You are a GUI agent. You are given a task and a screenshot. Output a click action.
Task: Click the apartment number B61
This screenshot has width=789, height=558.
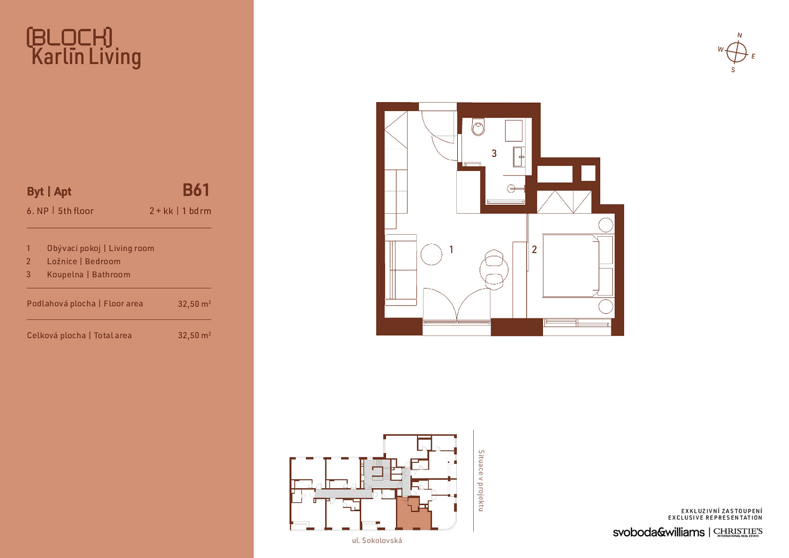pos(196,190)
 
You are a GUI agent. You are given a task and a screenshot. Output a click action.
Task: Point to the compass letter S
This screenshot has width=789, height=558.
pos(733,70)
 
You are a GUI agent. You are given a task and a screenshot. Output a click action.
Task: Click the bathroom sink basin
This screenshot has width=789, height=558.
pos(519,157)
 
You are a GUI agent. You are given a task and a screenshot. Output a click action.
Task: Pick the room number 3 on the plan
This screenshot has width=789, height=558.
pos(494,153)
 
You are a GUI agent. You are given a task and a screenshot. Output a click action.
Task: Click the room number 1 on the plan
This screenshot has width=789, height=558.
pos(451,250)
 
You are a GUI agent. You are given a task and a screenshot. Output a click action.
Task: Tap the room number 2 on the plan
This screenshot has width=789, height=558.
pos(534,250)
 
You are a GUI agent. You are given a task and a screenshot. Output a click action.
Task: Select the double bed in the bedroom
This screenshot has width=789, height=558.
pos(571,266)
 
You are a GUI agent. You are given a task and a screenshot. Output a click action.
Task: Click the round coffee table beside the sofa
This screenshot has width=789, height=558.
pos(431,255)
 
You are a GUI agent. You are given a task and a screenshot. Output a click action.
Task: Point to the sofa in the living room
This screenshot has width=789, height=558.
pos(400,270)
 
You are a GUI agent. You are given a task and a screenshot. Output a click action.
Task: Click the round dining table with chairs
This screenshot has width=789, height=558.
pos(494,270)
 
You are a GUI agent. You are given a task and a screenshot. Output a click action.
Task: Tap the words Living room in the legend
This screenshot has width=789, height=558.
pos(131,248)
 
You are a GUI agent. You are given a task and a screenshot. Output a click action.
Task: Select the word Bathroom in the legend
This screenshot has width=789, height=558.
pos(111,275)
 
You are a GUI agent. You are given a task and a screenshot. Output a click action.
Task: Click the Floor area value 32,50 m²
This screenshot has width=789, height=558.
pos(194,303)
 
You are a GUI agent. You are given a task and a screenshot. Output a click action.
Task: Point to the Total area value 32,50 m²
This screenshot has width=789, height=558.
pos(194,335)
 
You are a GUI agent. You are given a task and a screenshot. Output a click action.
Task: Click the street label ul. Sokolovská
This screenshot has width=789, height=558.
pos(377,541)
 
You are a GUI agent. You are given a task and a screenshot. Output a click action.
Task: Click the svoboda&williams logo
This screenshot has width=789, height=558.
pos(658,532)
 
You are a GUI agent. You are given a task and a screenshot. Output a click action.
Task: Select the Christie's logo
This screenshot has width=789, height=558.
pos(738,532)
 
